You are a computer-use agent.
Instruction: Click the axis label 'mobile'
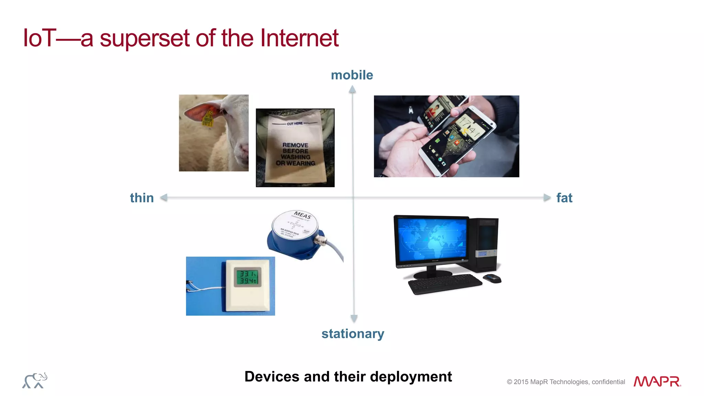click(352, 75)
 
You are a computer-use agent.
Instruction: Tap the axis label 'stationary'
click(353, 334)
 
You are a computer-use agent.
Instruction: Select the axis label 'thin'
click(142, 198)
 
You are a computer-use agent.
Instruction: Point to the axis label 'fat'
click(564, 198)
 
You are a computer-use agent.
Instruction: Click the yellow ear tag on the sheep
click(207, 118)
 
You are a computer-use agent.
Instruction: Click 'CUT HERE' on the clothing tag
click(295, 123)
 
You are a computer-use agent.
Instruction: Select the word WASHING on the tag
click(295, 157)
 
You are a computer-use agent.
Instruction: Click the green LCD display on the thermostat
click(247, 277)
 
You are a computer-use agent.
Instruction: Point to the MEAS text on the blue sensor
click(302, 215)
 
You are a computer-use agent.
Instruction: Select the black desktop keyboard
click(444, 284)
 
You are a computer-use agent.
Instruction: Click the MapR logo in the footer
click(657, 381)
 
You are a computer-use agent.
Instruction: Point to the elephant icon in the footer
click(35, 380)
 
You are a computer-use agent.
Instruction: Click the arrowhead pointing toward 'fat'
click(547, 197)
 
